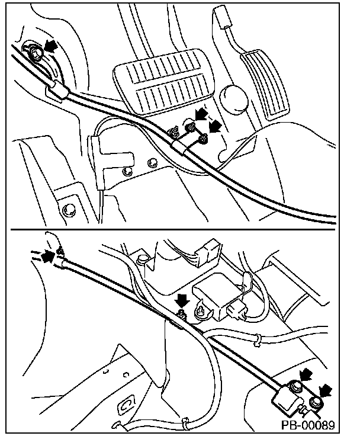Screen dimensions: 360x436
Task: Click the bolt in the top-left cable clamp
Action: coord(34,53)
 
